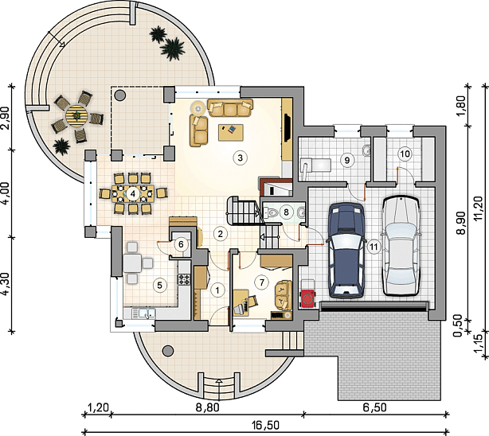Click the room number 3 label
point(240,158)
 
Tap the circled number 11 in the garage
point(374,247)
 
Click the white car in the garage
point(401,245)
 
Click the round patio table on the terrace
point(76,115)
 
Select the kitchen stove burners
point(184,279)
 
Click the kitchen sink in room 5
point(143,313)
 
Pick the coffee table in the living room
point(231,132)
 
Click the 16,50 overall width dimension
point(266,425)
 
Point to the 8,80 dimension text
point(207,407)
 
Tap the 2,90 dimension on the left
point(6,118)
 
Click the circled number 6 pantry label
point(181,244)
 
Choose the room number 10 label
point(405,154)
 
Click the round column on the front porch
point(168,351)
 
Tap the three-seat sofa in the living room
point(230,107)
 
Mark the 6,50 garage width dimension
point(374,407)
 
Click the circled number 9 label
point(346,160)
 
